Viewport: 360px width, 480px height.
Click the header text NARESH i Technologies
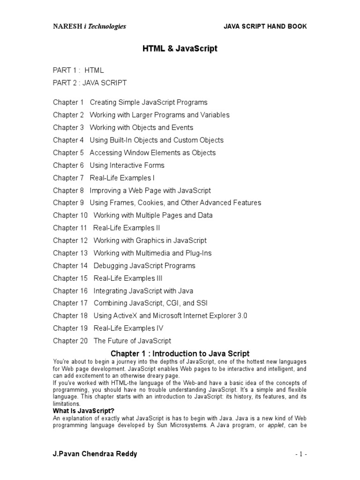[89, 27]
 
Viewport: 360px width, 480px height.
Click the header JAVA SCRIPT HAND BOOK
[265, 27]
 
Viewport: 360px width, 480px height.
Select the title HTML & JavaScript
[180, 49]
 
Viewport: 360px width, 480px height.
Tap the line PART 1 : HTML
[78, 70]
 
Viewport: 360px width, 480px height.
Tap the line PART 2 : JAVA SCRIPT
[90, 83]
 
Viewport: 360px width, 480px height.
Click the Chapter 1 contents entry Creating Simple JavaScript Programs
[148, 102]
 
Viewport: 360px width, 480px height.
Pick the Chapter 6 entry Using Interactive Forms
[127, 165]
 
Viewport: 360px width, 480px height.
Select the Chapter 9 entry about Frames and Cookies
[175, 202]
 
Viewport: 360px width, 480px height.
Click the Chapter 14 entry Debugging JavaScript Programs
[144, 266]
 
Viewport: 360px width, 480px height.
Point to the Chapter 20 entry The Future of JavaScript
[132, 341]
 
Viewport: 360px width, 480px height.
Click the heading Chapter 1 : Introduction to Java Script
[180, 354]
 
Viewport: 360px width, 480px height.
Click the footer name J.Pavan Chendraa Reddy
[95, 455]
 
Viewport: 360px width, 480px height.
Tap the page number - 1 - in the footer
[301, 455]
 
